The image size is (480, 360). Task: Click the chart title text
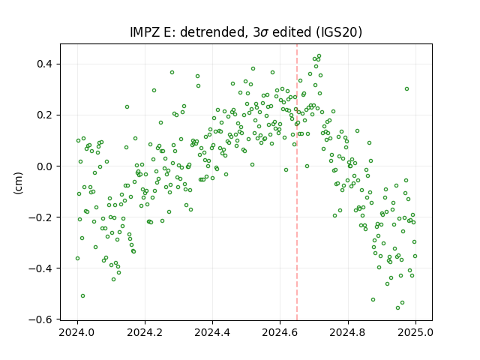[x=246, y=32]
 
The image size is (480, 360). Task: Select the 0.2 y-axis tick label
[x=44, y=115]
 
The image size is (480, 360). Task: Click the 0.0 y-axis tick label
[x=44, y=166]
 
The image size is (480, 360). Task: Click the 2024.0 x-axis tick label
[x=77, y=332]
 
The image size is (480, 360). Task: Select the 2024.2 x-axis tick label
[x=145, y=332]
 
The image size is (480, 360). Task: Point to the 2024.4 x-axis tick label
[x=212, y=332]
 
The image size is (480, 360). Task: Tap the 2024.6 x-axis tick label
[x=280, y=332]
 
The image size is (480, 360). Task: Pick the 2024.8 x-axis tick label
[x=348, y=332]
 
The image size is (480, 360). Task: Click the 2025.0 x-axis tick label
[x=415, y=332]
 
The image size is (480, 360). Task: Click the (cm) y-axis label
[x=18, y=183]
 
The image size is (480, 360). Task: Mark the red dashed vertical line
[x=297, y=182]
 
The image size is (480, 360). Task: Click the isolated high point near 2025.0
[x=406, y=88]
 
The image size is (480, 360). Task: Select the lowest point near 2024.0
[x=82, y=295]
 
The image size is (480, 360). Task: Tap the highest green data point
[x=319, y=56]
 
